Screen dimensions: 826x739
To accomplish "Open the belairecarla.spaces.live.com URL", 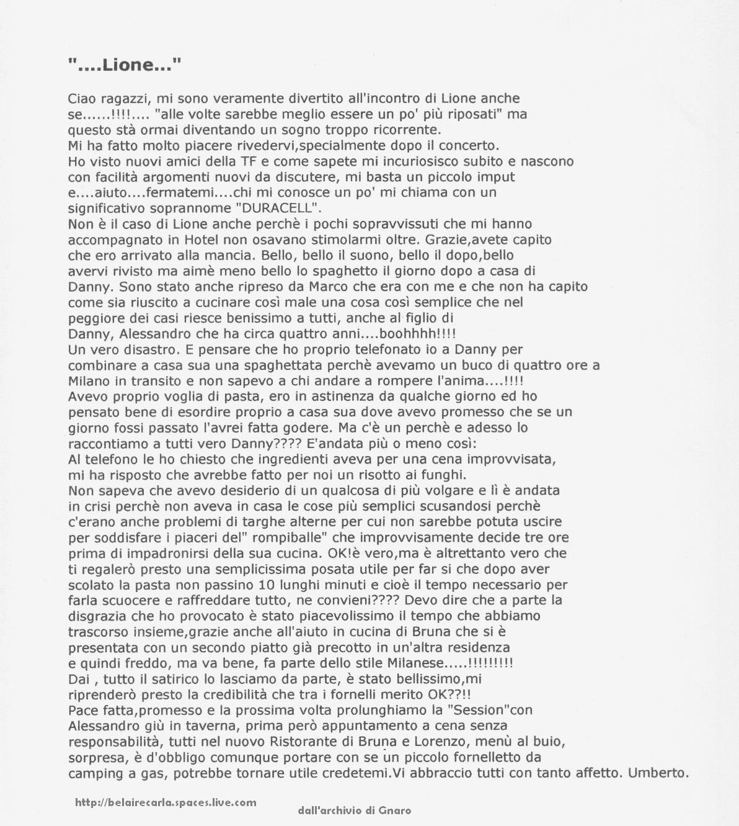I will [166, 802].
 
